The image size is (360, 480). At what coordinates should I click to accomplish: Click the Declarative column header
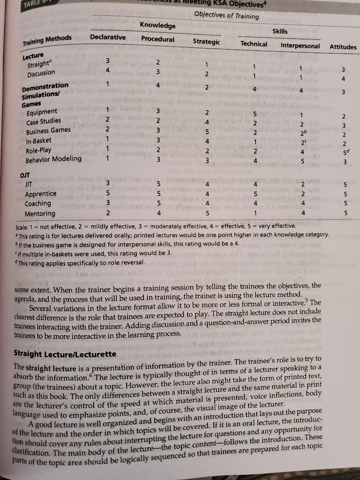[x=108, y=37]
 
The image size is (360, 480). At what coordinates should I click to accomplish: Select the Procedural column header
[x=158, y=39]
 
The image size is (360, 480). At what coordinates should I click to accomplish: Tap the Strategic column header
[x=206, y=42]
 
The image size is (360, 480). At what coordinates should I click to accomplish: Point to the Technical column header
[x=254, y=44]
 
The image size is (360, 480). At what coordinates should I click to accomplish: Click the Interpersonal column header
[x=300, y=45]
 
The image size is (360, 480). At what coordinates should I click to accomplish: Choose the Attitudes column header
[x=343, y=47]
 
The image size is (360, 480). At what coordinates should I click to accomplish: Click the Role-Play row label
[x=39, y=150]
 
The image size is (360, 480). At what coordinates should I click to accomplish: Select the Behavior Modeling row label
[x=53, y=159]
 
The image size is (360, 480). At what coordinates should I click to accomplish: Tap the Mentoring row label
[x=40, y=213]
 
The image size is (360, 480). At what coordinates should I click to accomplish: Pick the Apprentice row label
[x=40, y=194]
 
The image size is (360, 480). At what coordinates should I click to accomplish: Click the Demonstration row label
[x=45, y=86]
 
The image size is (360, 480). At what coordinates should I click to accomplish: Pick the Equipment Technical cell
[x=255, y=113]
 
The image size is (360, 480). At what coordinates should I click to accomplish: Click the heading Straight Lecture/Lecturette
[x=65, y=354]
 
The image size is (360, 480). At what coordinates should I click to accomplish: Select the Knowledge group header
[x=157, y=26]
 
